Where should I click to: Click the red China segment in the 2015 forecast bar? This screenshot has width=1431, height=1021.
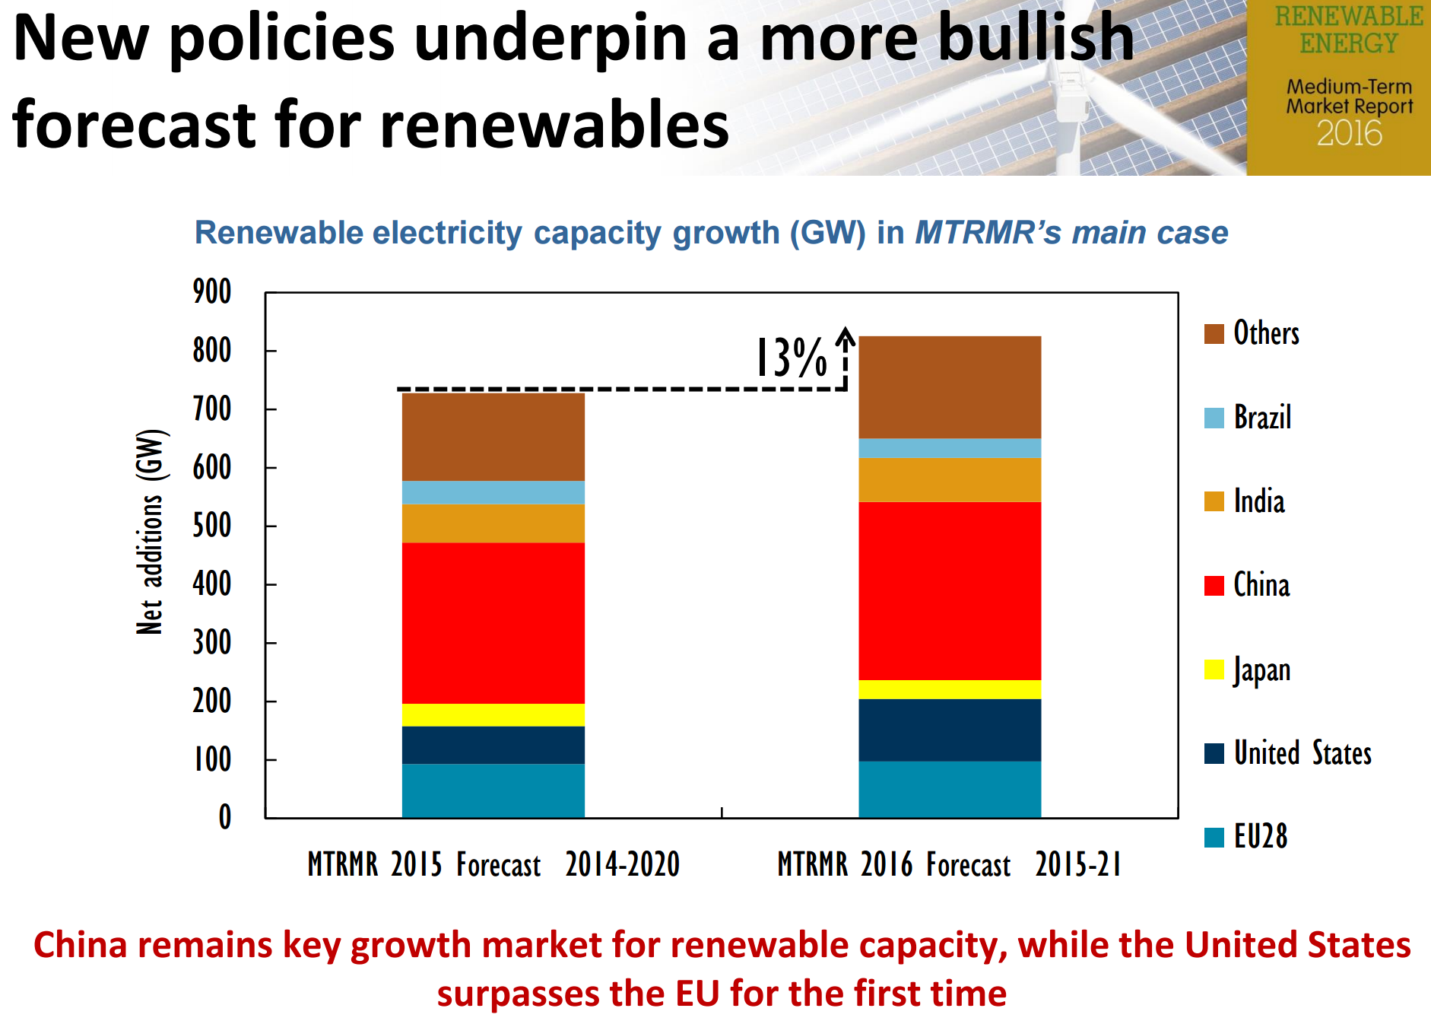(493, 622)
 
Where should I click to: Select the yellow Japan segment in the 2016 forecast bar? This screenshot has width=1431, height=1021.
(949, 689)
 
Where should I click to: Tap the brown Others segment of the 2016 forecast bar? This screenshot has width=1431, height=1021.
(949, 386)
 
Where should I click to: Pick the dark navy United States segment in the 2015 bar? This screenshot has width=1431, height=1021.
(493, 745)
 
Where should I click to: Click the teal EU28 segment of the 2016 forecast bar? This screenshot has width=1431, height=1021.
(949, 789)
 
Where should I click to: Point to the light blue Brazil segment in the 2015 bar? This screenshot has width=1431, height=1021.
(493, 492)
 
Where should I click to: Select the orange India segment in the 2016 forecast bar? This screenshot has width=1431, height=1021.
(949, 479)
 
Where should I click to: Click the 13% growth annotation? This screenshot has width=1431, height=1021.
(791, 358)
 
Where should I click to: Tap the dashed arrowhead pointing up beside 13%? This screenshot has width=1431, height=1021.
(846, 336)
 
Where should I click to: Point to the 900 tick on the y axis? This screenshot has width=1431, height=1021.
(211, 292)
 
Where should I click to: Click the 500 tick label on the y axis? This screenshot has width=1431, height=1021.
(211, 526)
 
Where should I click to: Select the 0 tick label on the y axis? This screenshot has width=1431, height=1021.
(224, 817)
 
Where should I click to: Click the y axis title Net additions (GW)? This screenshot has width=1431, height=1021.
(150, 533)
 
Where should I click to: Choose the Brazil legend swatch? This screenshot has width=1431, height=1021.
(1214, 418)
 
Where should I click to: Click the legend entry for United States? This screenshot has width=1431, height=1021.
(1302, 753)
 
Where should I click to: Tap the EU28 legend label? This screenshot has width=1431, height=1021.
(1260, 837)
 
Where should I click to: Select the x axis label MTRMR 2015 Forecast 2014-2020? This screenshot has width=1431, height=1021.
(493, 865)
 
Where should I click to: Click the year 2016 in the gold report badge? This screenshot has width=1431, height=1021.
(1349, 134)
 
